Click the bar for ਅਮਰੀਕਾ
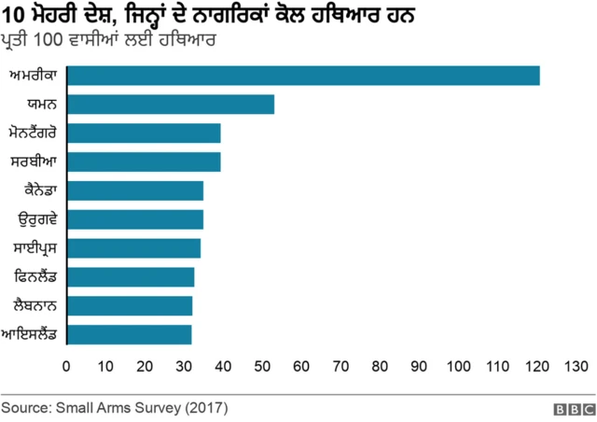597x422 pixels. click(x=302, y=76)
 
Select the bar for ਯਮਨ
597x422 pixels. click(x=170, y=105)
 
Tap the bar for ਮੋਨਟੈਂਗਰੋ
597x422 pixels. click(x=143, y=133)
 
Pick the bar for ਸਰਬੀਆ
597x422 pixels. click(x=143, y=162)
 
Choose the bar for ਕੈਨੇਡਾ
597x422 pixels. click(x=134, y=190)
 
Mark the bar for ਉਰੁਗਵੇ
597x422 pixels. click(x=134, y=219)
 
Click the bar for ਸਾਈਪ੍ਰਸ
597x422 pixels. click(x=132, y=248)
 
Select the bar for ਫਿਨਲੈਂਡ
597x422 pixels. click(x=130, y=277)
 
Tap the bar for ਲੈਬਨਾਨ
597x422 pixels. click(x=129, y=305)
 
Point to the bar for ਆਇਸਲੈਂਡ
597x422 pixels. click(x=129, y=334)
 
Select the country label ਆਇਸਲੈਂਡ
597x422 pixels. click(x=31, y=334)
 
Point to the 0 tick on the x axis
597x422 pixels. click(x=65, y=366)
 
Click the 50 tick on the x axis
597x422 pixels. click(x=262, y=366)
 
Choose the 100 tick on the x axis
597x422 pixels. click(x=459, y=366)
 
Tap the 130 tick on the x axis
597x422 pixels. click(x=576, y=366)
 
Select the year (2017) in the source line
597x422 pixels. click(x=205, y=409)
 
